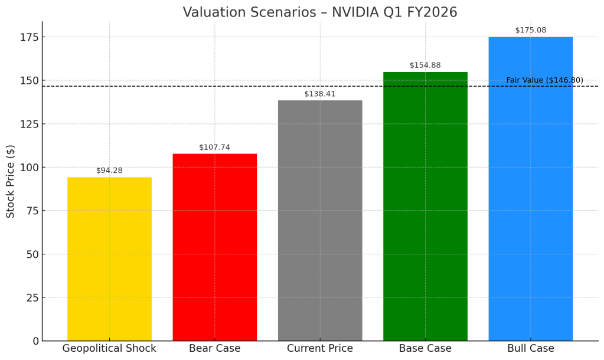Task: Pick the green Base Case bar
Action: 425,206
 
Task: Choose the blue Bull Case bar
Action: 530,189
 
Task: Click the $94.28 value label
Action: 109,171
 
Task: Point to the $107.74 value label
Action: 214,148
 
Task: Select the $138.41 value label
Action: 320,94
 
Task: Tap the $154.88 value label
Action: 425,66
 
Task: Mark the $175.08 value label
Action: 530,30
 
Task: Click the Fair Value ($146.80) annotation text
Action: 544,80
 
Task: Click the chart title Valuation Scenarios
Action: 320,12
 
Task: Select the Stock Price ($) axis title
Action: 11,182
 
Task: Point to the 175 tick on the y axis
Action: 28,37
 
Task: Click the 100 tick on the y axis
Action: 28,168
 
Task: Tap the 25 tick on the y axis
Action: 31,297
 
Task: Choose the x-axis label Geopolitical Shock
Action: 109,349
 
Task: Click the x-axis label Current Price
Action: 320,349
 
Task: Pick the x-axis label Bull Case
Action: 530,349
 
